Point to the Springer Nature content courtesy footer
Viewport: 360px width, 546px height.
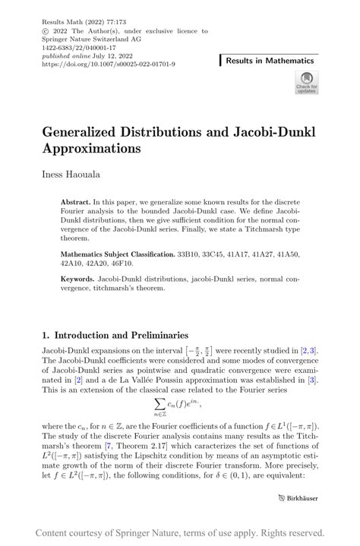[180, 532]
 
